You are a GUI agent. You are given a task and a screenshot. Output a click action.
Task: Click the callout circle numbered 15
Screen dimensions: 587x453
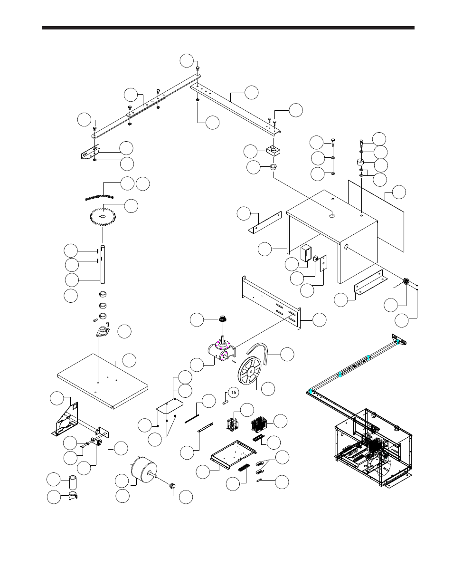[x=232, y=392]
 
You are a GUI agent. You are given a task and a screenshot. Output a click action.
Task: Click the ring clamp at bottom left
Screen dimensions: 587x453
[x=72, y=496]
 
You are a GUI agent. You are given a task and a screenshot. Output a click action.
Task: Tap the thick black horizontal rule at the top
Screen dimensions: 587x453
[x=228, y=28]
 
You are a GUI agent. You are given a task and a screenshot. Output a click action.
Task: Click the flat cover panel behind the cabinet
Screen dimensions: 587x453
[x=376, y=214]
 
